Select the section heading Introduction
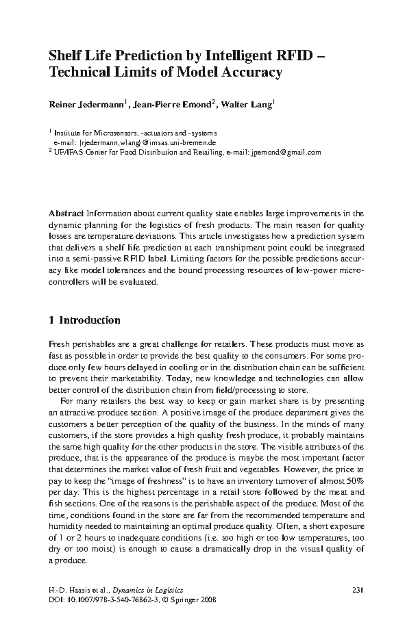tap(90, 320)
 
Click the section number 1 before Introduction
tap(52, 320)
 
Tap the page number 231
tap(358, 590)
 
